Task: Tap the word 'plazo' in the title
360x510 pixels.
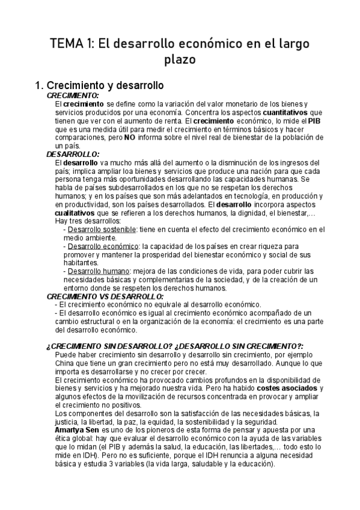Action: point(180,60)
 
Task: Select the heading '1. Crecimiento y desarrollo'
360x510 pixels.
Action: point(100,86)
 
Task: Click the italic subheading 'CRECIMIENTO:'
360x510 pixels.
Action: point(73,96)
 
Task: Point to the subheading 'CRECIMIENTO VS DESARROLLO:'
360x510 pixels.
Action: point(105,296)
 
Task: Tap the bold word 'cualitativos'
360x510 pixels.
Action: point(77,213)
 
